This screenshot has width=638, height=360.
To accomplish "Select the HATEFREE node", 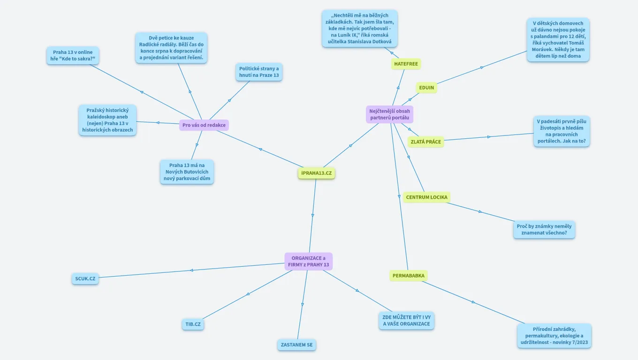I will coord(406,64).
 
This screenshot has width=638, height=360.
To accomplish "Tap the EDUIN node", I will coord(426,88).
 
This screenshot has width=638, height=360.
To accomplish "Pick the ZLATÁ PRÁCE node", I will coord(425,142).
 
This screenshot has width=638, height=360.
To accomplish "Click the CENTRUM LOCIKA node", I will coord(426,197).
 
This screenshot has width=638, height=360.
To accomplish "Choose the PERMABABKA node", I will coord(408,276).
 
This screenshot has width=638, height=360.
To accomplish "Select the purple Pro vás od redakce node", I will coord(204,125).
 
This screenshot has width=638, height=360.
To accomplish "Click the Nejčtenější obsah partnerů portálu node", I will coord(389,114).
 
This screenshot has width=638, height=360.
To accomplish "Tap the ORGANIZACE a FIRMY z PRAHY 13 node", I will coord(308,262).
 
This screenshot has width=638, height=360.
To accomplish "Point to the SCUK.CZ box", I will coord(85,278).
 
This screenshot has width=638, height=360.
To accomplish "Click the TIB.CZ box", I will coord(193,324).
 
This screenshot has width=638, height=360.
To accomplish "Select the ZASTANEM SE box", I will coord(296,345).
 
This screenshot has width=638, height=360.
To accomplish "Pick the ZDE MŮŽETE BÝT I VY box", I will coord(406,320).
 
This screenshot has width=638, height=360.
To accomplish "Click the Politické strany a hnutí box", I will coord(258,72).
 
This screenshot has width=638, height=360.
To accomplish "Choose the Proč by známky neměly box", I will coord(544,229).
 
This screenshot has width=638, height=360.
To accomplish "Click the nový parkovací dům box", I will coord(187,172).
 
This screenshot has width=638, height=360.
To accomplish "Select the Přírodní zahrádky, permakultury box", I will coord(554,336).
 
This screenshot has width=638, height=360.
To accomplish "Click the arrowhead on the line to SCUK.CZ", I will coord(191,270).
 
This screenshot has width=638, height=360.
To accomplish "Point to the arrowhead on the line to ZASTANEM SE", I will coord(303,305).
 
